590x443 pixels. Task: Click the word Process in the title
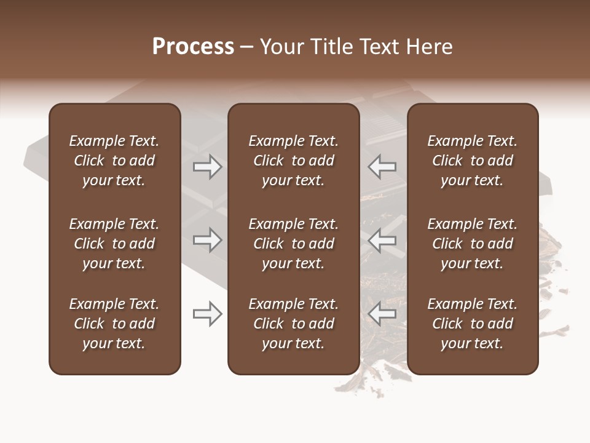pyautogui.click(x=193, y=47)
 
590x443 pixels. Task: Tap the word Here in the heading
pyautogui.click(x=429, y=47)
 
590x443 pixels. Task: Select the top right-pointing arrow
pyautogui.click(x=208, y=167)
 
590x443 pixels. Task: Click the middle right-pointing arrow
pyautogui.click(x=208, y=240)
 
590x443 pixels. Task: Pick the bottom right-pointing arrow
pyautogui.click(x=208, y=314)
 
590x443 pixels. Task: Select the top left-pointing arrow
pyautogui.click(x=382, y=167)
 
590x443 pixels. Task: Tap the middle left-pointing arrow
pyautogui.click(x=382, y=240)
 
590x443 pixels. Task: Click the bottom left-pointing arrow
pyautogui.click(x=382, y=314)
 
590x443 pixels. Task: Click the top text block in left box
pyautogui.click(x=114, y=161)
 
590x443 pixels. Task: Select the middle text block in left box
pyautogui.click(x=114, y=244)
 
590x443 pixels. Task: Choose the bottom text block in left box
pyautogui.click(x=114, y=324)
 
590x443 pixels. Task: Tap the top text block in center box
pyautogui.click(x=293, y=161)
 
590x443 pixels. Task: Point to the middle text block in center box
pyautogui.click(x=293, y=244)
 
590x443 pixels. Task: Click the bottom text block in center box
pyautogui.click(x=293, y=324)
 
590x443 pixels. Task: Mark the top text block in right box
pyautogui.click(x=472, y=161)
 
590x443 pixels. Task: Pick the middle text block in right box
pyautogui.click(x=472, y=244)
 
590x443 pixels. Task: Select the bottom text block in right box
pyautogui.click(x=472, y=324)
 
